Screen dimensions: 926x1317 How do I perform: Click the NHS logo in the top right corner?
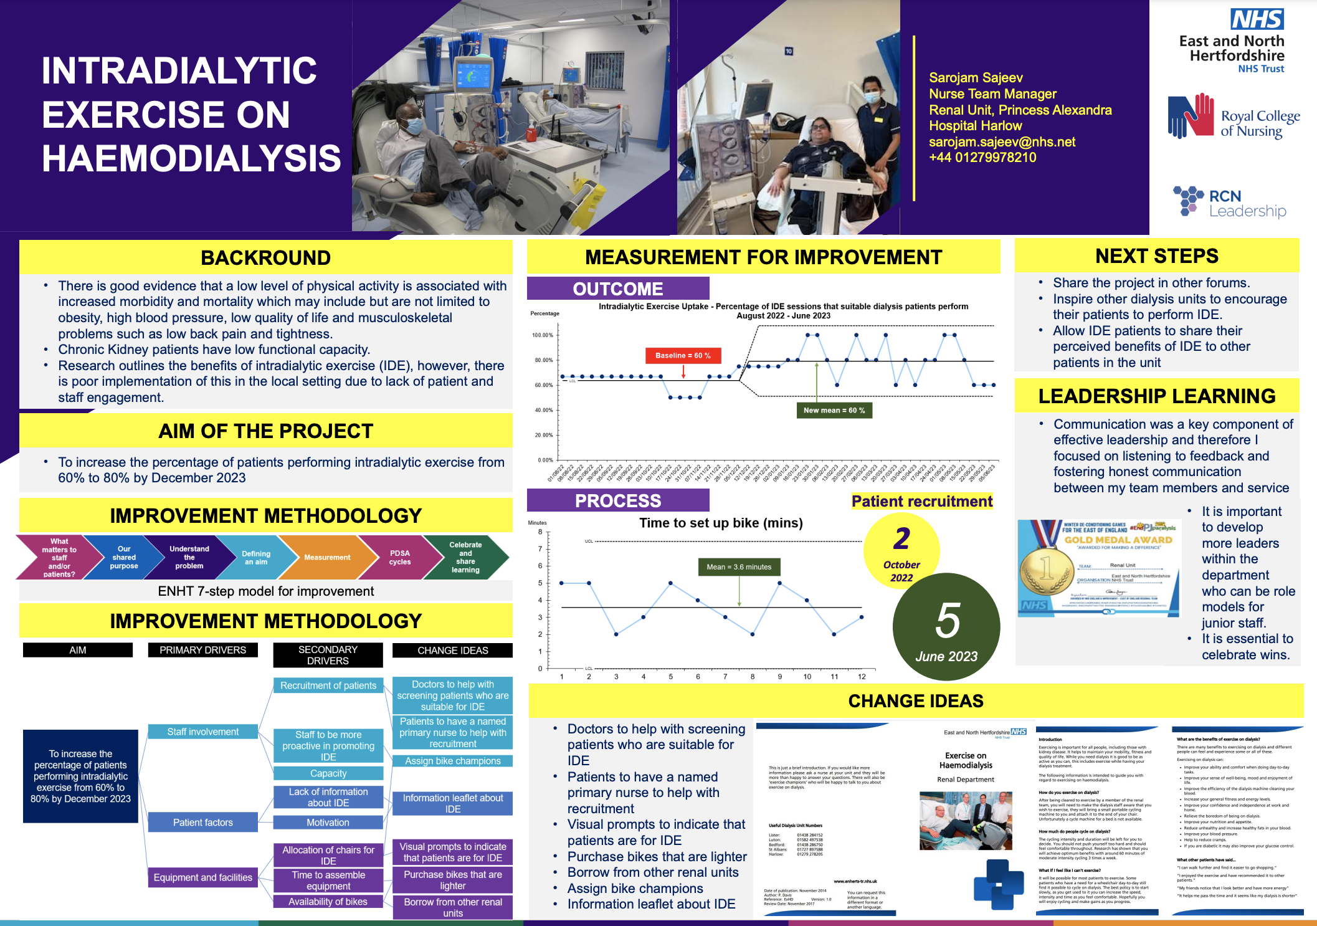(x=1257, y=19)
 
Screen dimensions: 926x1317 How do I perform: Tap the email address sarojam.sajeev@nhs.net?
(x=1002, y=142)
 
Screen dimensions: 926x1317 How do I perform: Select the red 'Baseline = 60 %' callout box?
(x=683, y=355)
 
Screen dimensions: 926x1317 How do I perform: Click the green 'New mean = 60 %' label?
(x=834, y=410)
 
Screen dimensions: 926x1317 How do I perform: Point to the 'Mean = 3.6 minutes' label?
(x=739, y=567)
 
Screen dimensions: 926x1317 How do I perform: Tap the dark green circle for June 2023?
(x=946, y=627)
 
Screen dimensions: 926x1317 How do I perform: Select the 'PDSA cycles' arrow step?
(x=399, y=557)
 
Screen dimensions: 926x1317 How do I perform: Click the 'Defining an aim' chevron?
(x=256, y=557)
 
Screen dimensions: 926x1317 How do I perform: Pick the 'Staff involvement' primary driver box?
(x=202, y=732)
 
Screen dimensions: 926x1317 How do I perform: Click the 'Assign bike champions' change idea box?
(x=453, y=761)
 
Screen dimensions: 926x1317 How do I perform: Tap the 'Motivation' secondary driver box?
(x=328, y=823)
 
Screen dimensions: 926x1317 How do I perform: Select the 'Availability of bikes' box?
(x=328, y=902)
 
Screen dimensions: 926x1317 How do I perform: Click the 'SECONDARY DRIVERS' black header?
(x=328, y=655)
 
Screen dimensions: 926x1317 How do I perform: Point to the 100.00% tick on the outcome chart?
(x=543, y=335)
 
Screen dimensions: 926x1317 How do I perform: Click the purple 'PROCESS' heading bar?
(x=617, y=500)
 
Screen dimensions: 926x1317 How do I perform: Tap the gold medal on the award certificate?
(x=1047, y=568)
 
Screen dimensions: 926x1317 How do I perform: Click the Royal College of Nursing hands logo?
(x=1190, y=117)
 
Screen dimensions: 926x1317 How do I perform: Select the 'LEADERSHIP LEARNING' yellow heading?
(x=1156, y=396)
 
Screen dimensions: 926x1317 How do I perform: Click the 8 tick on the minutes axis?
(x=540, y=532)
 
